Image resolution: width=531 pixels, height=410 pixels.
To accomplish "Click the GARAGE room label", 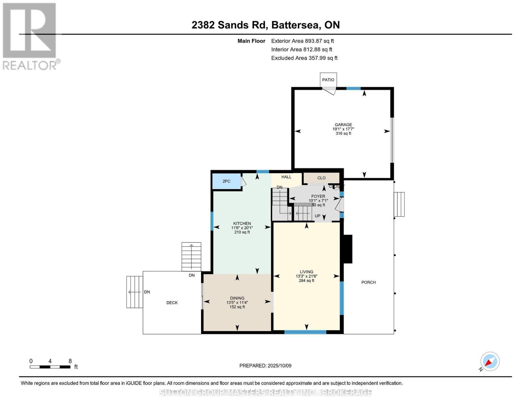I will pos(343,125).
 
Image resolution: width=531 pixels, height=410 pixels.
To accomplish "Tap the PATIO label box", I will pos(328,80).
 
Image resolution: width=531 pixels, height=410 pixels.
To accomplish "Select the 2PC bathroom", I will pos(226,181).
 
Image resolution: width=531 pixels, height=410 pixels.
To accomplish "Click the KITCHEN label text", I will pos(242,224).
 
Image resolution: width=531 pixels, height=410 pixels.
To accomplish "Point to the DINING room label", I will pos(237,298).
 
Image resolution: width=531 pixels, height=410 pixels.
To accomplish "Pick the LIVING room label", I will pos(306,272).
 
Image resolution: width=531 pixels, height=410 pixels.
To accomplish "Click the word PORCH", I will pos(368,283).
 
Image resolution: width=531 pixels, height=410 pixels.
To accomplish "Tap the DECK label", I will pos(172,303).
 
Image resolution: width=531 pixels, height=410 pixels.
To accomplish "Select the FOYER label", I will pos(318,196).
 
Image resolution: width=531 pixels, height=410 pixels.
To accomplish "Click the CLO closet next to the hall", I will pos(321,178).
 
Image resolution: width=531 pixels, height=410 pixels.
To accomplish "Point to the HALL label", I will pos(286,177).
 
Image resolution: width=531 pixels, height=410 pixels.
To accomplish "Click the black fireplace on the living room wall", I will pos(348,249).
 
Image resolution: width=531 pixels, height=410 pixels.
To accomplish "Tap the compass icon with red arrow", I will pos(490,361).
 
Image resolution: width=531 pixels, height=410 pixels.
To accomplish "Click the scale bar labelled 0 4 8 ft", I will pos(50,367).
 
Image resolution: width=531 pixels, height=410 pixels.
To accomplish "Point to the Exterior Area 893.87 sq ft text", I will pos(302,41).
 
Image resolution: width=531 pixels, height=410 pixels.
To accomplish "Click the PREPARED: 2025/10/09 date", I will pos(265,366).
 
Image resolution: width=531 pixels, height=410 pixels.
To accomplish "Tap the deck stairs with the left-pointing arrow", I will pos(135,292).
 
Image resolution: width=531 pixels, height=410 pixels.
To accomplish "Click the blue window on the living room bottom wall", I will pos(305,332).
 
